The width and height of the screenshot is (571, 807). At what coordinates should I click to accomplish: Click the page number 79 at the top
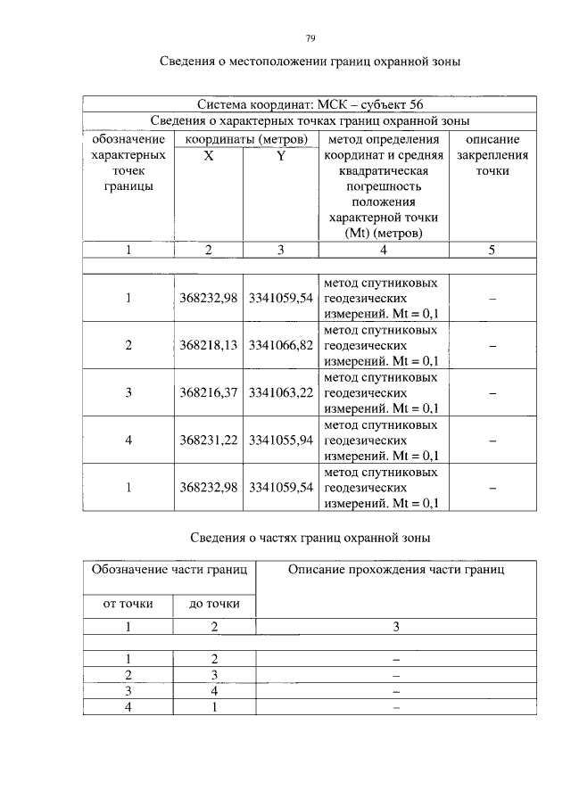pyautogui.click(x=310, y=38)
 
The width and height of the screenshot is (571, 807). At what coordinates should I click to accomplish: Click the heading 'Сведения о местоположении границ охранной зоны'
pyautogui.click(x=310, y=62)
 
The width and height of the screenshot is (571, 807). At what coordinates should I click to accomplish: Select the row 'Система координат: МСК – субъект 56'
pyautogui.click(x=310, y=104)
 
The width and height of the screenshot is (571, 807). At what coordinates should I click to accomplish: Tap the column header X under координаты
pyautogui.click(x=209, y=156)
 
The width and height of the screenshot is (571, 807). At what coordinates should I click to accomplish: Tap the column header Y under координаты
pyautogui.click(x=280, y=156)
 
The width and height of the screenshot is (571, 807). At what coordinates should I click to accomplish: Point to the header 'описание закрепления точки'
pyautogui.click(x=492, y=155)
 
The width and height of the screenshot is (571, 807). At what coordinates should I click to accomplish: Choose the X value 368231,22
pyautogui.click(x=208, y=441)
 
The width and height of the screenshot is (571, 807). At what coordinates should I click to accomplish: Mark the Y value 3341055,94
pyautogui.click(x=280, y=441)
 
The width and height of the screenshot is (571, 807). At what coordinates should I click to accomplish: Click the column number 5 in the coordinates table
pyautogui.click(x=492, y=251)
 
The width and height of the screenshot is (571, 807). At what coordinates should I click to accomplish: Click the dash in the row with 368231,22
pyautogui.click(x=492, y=441)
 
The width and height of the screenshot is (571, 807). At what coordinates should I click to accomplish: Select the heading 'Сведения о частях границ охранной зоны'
pyautogui.click(x=310, y=538)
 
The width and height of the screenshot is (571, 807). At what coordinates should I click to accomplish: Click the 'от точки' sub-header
pyautogui.click(x=128, y=604)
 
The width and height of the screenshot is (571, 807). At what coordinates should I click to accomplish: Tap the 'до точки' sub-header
pyautogui.click(x=214, y=604)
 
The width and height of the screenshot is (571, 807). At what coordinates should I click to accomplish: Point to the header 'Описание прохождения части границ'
pyautogui.click(x=396, y=571)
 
